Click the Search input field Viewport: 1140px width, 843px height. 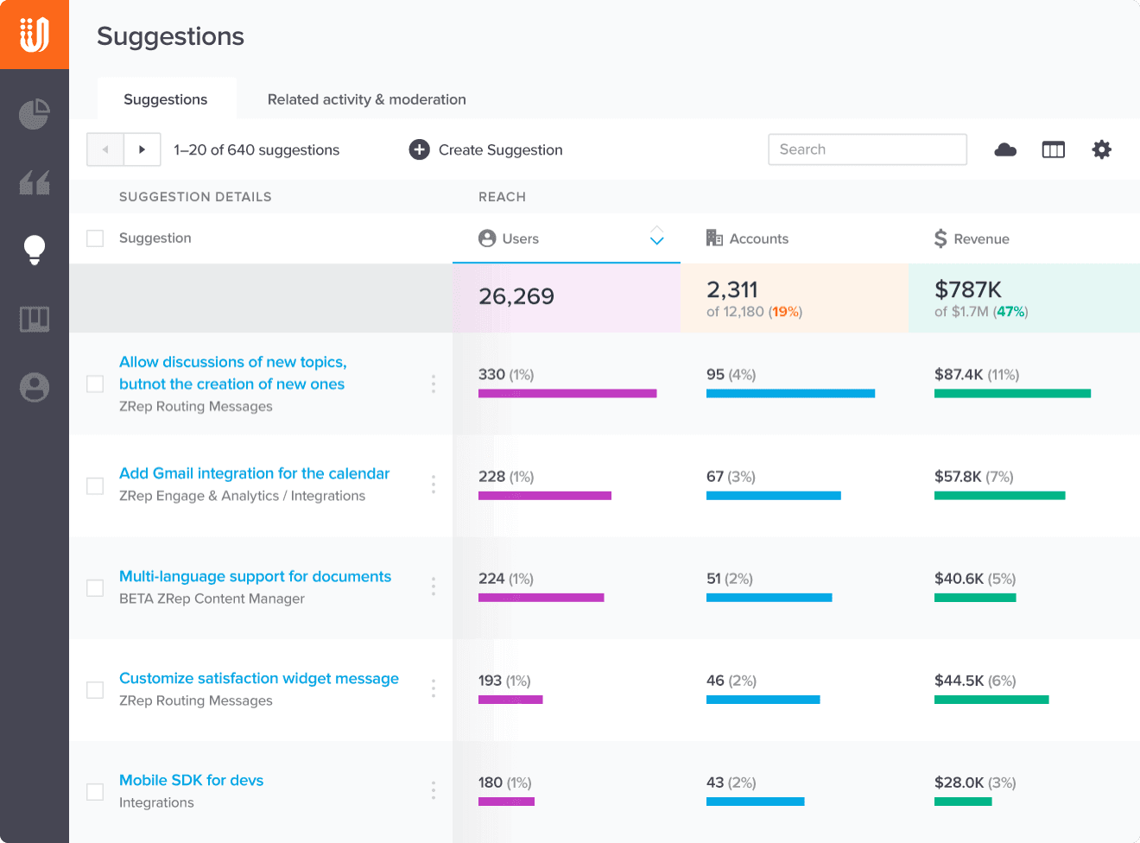867,149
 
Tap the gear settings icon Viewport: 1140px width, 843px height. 1101,149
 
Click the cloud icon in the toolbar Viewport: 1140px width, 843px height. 1005,149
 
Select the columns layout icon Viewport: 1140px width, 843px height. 1053,149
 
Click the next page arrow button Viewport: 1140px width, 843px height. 142,149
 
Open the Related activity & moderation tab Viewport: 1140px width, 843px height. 366,99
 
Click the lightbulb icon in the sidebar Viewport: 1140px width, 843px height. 35,250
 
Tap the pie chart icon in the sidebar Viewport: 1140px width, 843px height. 35,114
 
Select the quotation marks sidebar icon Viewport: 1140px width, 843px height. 35,182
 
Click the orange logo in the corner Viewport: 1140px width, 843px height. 35,35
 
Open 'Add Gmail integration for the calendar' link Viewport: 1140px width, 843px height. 254,473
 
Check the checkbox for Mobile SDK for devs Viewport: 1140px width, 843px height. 95,791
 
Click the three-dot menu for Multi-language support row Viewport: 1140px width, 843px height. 434,586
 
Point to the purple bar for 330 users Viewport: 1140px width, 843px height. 567,393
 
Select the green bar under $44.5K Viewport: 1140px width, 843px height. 991,700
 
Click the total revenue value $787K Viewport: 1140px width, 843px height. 967,289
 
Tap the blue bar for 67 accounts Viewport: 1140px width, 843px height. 773,496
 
